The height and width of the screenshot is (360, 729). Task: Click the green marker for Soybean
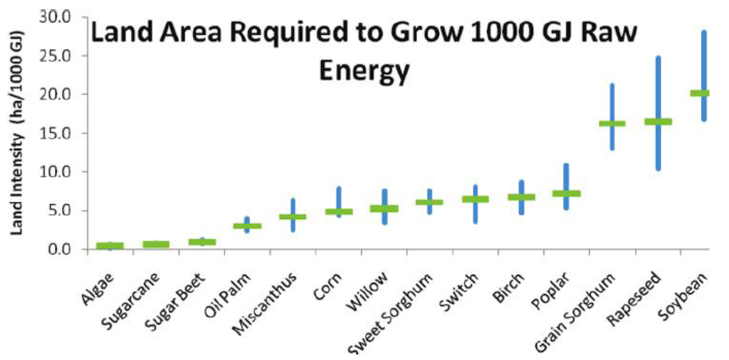coord(700,93)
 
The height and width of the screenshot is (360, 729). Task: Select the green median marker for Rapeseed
coord(658,122)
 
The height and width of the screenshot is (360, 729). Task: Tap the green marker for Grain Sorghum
coord(612,124)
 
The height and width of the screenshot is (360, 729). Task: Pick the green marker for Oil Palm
coord(247,226)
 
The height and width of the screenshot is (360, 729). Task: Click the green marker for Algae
coord(110,245)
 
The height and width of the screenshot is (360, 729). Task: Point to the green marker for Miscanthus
coord(293,217)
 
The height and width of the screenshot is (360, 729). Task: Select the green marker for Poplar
coord(567,194)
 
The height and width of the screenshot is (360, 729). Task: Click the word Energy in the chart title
coord(364,70)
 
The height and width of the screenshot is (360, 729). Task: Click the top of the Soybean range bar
coord(704,33)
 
